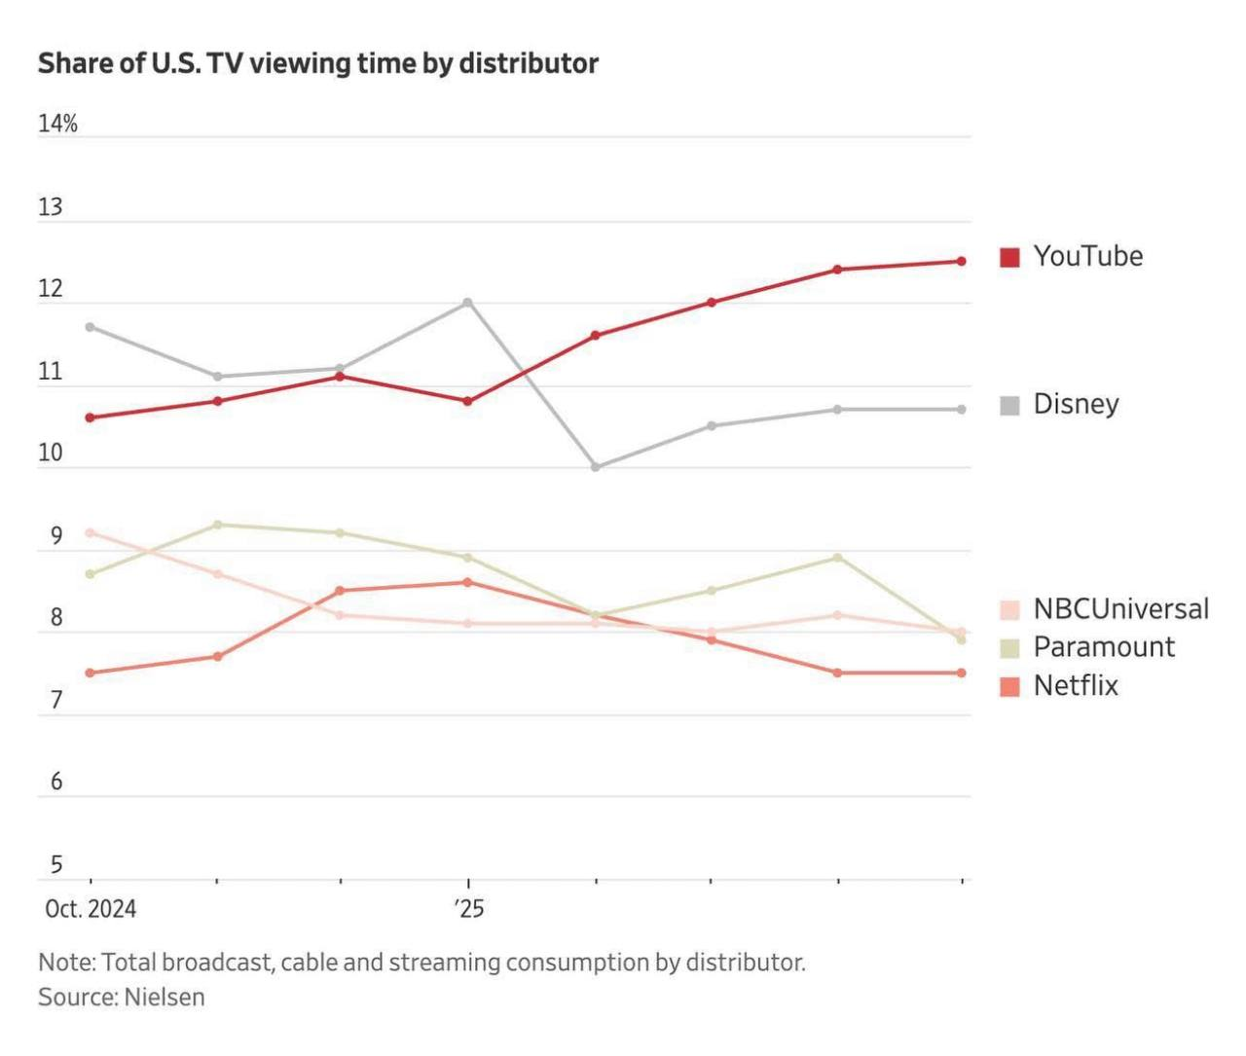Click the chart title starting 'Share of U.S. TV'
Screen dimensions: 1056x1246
click(317, 63)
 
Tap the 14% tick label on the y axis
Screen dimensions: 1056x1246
click(57, 124)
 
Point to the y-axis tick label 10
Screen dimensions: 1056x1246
click(50, 453)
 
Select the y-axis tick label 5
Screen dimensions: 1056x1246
click(55, 864)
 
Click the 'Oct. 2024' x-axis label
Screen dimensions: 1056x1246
click(91, 909)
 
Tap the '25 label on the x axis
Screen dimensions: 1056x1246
click(468, 909)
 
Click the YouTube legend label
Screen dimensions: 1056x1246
click(1087, 256)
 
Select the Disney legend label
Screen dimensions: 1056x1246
click(1076, 404)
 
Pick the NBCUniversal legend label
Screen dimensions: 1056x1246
click(1120, 609)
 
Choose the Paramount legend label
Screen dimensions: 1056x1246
click(1104, 647)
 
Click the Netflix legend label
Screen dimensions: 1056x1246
click(1076, 685)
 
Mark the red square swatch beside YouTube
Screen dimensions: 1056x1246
click(1009, 257)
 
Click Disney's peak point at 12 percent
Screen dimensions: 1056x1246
click(468, 303)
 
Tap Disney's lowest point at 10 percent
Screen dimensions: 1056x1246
click(596, 467)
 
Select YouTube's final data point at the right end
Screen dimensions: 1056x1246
click(962, 261)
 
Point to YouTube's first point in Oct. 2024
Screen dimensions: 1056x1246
click(91, 418)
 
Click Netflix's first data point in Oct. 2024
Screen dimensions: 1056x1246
click(91, 673)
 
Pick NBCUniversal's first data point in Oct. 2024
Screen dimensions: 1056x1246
click(91, 532)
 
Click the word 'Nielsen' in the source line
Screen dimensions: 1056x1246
click(165, 997)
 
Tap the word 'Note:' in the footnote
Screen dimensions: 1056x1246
click(66, 963)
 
